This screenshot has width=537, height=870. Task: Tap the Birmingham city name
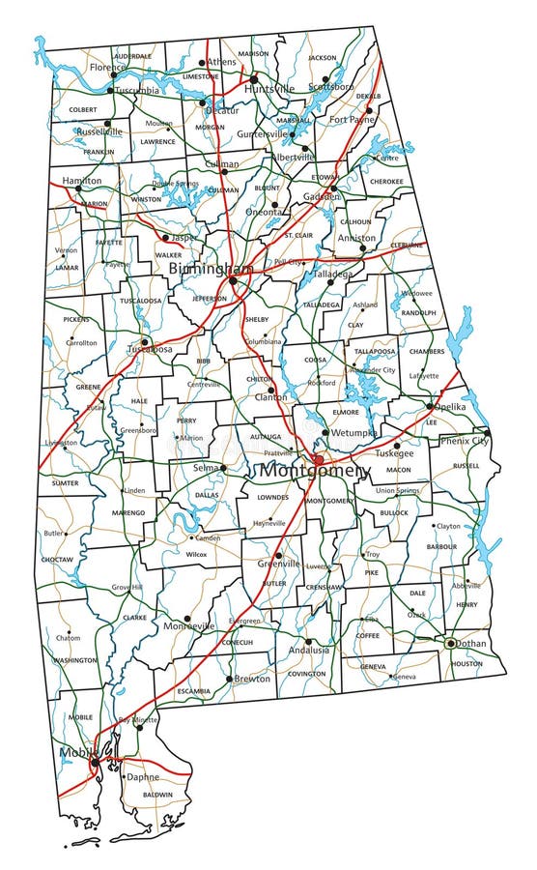coord(211,268)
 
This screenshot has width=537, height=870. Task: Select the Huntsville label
coord(269,89)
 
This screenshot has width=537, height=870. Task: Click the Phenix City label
coord(464,442)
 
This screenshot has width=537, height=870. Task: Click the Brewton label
coord(252,679)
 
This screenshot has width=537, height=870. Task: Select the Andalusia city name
coord(309,650)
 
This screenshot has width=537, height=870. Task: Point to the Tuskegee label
coord(394,452)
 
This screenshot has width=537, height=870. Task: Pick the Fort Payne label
coord(351,119)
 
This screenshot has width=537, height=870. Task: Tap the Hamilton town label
coord(81,181)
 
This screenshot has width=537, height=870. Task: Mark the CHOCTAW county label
coord(58,559)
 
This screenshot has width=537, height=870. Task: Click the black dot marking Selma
coord(223,468)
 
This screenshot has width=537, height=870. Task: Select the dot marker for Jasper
coord(165,238)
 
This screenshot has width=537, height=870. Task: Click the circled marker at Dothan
coord(449,643)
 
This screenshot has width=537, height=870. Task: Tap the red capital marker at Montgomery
coord(317,459)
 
